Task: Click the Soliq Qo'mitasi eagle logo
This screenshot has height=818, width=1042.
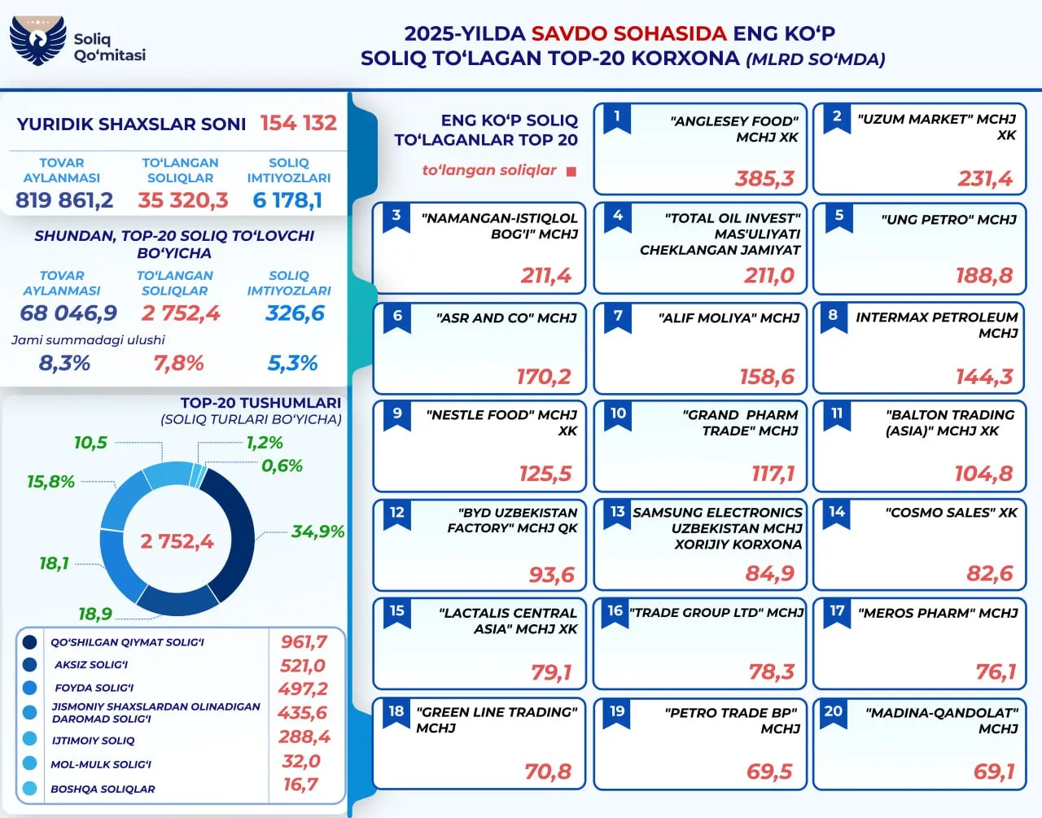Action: point(37,40)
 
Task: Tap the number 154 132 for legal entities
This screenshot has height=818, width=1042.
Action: point(298,123)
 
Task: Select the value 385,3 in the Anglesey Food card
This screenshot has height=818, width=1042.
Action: point(764,178)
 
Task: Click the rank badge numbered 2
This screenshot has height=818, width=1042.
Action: point(837,117)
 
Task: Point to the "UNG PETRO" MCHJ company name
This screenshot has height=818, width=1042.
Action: point(948,220)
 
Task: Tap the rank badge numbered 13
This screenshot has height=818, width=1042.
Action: point(618,513)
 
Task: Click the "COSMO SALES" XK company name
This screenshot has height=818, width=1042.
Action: point(951,513)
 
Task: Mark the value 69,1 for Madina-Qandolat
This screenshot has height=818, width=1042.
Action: point(994,772)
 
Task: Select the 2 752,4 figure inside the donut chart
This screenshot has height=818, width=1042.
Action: point(177,541)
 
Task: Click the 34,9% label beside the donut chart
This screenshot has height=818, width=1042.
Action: point(317,531)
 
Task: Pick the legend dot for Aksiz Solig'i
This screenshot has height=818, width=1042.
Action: point(30,665)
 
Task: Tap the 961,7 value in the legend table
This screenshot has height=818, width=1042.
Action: point(304,642)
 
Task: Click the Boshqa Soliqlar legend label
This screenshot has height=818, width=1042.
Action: point(103,789)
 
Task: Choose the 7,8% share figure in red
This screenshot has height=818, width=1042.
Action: point(178,363)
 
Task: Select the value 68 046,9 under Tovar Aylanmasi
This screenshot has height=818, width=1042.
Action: point(68,313)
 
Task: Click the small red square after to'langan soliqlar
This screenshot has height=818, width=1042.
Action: point(571,172)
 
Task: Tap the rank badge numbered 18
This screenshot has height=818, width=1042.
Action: point(396,712)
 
